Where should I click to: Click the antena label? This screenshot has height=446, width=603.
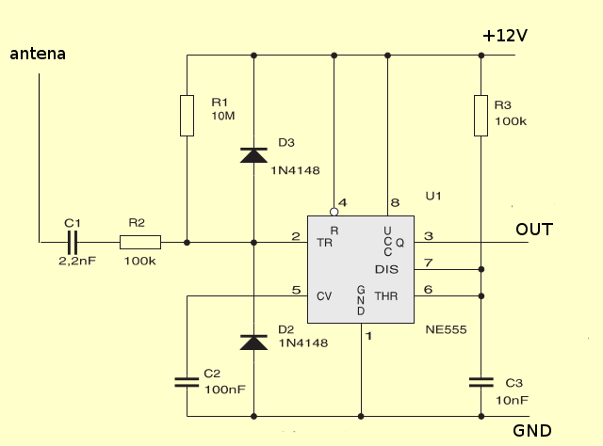38,54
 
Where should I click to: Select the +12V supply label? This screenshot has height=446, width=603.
504,35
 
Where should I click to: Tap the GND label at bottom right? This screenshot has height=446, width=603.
532,431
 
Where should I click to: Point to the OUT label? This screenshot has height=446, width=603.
534,230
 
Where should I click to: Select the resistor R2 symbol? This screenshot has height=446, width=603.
140,243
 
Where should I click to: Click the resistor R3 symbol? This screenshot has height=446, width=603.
481,115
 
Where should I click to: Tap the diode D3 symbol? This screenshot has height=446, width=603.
253,155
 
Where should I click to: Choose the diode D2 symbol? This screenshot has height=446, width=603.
253,342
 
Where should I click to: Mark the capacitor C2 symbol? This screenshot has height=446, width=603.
187,382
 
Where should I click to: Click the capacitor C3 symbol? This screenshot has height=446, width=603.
481,382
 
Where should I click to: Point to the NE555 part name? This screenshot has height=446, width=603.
446,330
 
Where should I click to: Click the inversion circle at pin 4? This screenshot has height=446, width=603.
334,213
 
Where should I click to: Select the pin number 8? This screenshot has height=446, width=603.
395,202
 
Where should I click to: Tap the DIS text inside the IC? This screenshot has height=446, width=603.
387,269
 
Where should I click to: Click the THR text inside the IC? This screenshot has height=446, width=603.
387,295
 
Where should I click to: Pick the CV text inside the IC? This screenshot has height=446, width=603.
323,295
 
